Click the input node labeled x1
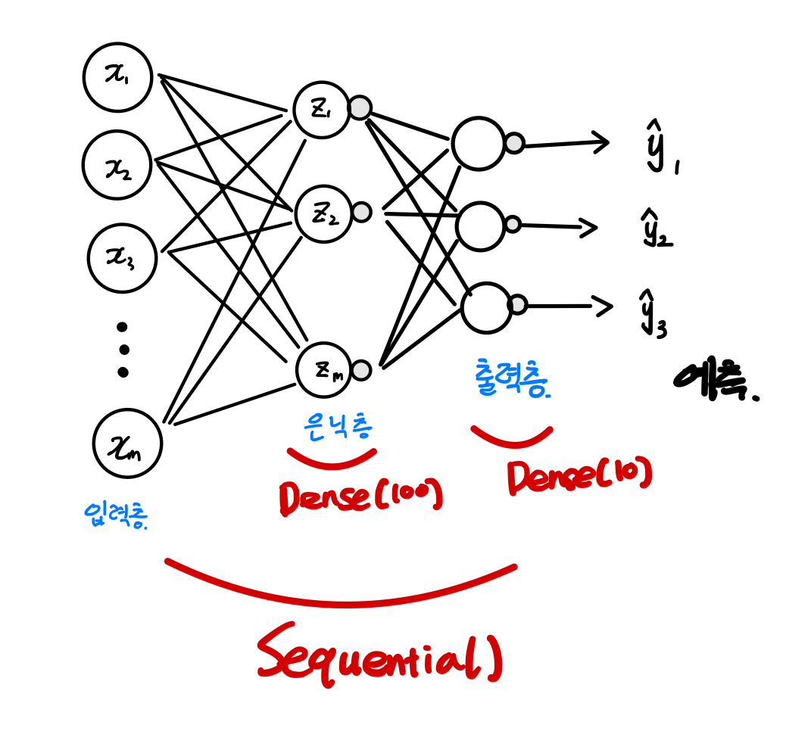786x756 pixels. click(118, 77)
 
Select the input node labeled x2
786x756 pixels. click(117, 166)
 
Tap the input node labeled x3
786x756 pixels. click(122, 258)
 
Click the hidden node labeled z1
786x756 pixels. click(322, 110)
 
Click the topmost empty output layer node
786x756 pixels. click(479, 144)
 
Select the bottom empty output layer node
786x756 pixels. click(487, 307)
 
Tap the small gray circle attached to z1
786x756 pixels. click(360, 107)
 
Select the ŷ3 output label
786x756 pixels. click(653, 312)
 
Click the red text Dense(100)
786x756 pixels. click(360, 496)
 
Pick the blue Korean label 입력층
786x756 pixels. click(115, 515)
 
